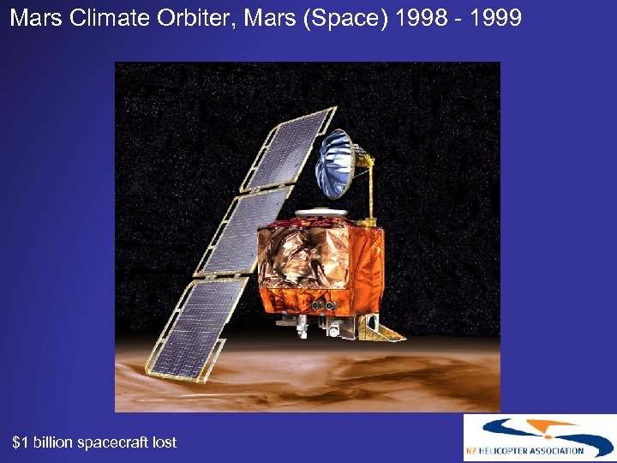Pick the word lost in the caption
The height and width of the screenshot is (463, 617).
click(163, 442)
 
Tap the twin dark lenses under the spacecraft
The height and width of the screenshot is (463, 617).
click(321, 304)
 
